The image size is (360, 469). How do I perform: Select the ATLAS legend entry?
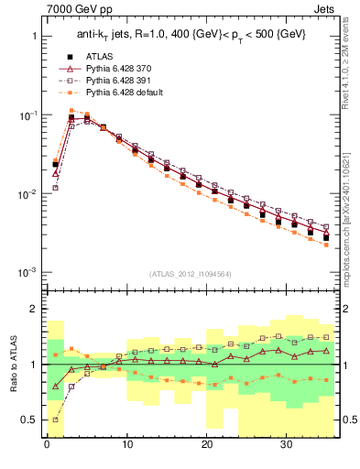99,57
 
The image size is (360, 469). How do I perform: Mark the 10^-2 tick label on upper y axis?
27,194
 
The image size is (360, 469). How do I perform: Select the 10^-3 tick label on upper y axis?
27,273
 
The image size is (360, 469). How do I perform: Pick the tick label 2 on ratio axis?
35,309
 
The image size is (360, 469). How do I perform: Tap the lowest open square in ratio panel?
55,420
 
